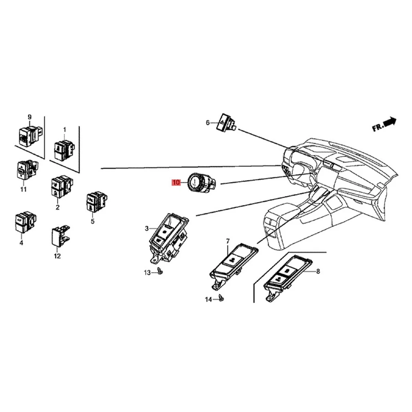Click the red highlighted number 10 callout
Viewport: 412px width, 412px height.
(176, 183)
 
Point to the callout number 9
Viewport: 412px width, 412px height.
(30, 117)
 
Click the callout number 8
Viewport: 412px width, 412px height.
(318, 271)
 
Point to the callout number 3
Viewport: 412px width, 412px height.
(147, 228)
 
